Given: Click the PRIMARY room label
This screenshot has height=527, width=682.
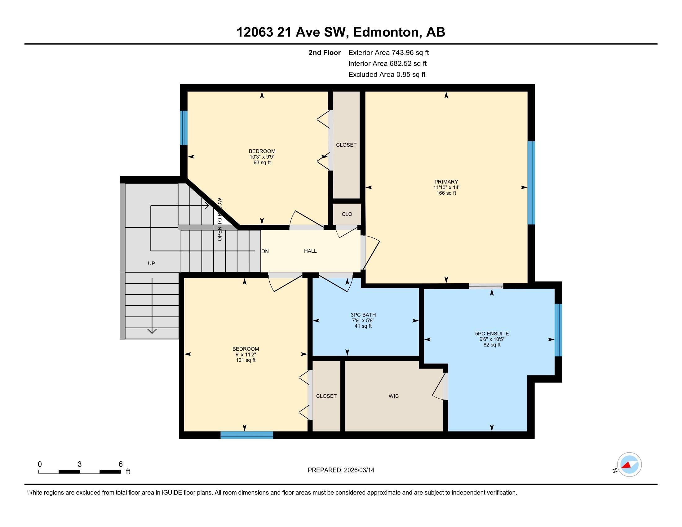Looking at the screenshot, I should pyautogui.click(x=446, y=182).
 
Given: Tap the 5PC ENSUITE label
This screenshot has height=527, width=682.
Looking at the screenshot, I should pyautogui.click(x=492, y=334).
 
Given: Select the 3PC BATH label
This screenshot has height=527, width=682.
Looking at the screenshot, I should pyautogui.click(x=363, y=315).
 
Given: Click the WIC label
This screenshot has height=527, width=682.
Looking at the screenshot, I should pyautogui.click(x=393, y=396).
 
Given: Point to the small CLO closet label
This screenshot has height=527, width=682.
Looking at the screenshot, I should pyautogui.click(x=347, y=214).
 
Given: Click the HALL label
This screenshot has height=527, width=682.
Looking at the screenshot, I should pyautogui.click(x=310, y=251).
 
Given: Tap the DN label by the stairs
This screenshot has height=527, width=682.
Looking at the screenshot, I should pyautogui.click(x=265, y=251).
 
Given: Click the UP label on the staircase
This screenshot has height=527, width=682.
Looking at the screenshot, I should pyautogui.click(x=152, y=263).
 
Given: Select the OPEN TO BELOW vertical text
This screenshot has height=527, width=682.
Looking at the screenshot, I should pyautogui.click(x=219, y=219).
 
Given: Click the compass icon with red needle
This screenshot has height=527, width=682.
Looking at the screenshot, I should pyautogui.click(x=629, y=465).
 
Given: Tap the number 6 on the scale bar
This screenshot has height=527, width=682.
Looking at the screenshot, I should pyautogui.click(x=121, y=464).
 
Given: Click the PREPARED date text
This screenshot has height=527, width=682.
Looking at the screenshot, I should pyautogui.click(x=341, y=470).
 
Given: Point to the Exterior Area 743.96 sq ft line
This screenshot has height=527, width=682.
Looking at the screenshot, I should pyautogui.click(x=388, y=52).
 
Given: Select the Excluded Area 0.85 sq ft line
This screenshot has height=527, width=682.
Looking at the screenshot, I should pyautogui.click(x=387, y=74).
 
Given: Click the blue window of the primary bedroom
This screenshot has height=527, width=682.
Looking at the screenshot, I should pyautogui.click(x=531, y=183).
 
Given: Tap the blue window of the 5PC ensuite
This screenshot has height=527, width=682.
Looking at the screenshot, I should pyautogui.click(x=558, y=330).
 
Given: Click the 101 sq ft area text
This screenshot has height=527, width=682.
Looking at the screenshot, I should pyautogui.click(x=246, y=360).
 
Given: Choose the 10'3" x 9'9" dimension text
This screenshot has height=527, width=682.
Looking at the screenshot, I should pyautogui.click(x=262, y=157).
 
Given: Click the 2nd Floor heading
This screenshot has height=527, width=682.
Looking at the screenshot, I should pyautogui.click(x=325, y=52).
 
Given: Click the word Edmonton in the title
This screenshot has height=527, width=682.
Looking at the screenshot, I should pyautogui.click(x=386, y=32).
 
